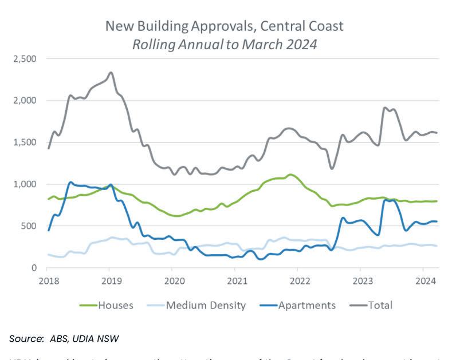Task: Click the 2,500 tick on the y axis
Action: (24, 58)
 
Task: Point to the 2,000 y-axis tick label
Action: (24, 100)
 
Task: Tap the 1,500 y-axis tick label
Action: (24, 142)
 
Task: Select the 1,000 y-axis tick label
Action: (24, 184)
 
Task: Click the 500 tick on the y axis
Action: (29, 226)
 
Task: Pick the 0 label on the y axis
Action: (34, 268)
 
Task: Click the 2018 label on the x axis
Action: (48, 280)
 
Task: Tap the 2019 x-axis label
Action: (110, 280)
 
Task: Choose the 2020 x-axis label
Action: (172, 280)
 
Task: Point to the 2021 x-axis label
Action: (235, 280)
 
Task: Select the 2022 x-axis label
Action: (298, 280)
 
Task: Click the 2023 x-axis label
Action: (360, 280)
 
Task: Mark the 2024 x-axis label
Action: (423, 280)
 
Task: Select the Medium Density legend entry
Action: (206, 305)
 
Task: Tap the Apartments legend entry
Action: (306, 305)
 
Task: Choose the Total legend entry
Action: (380, 305)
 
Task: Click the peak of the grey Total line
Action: (111, 73)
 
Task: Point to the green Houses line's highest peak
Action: (291, 175)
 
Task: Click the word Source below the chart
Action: (26, 339)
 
